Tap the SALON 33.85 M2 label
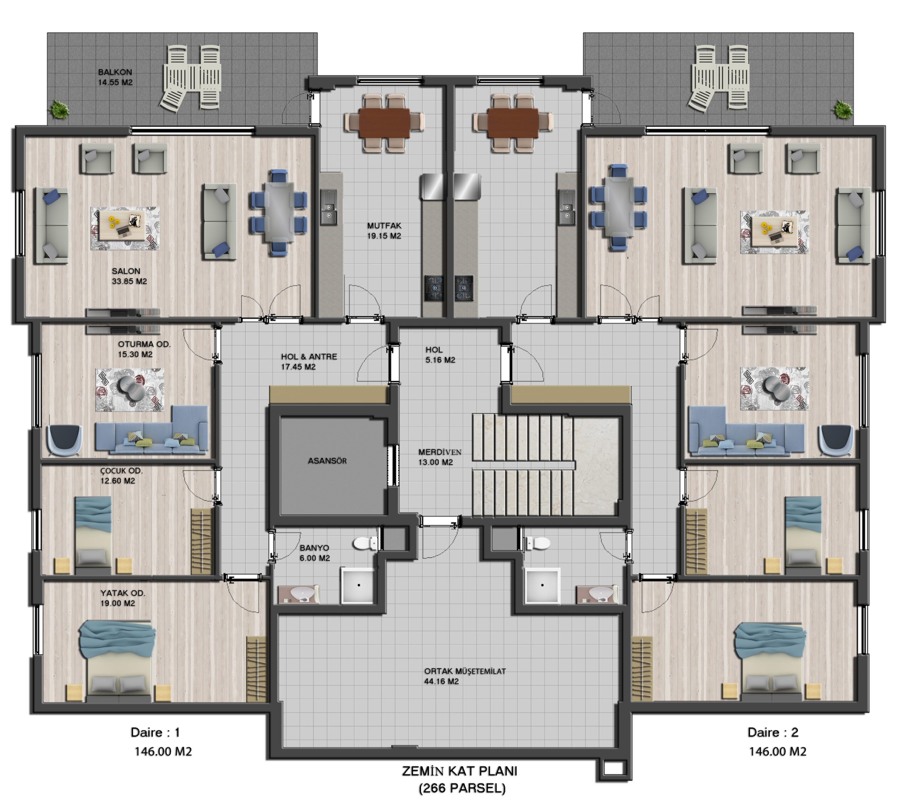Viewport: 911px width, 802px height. (x=129, y=276)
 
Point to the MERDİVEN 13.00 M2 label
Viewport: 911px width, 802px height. (x=439, y=457)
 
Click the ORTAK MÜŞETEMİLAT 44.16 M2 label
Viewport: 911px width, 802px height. (x=465, y=676)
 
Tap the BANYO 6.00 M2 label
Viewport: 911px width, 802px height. (x=315, y=553)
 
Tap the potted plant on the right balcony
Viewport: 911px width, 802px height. (x=842, y=109)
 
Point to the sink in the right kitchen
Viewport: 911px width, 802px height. (x=567, y=207)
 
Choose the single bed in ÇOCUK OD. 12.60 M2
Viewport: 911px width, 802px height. (x=93, y=535)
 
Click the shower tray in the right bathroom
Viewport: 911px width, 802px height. (x=542, y=585)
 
